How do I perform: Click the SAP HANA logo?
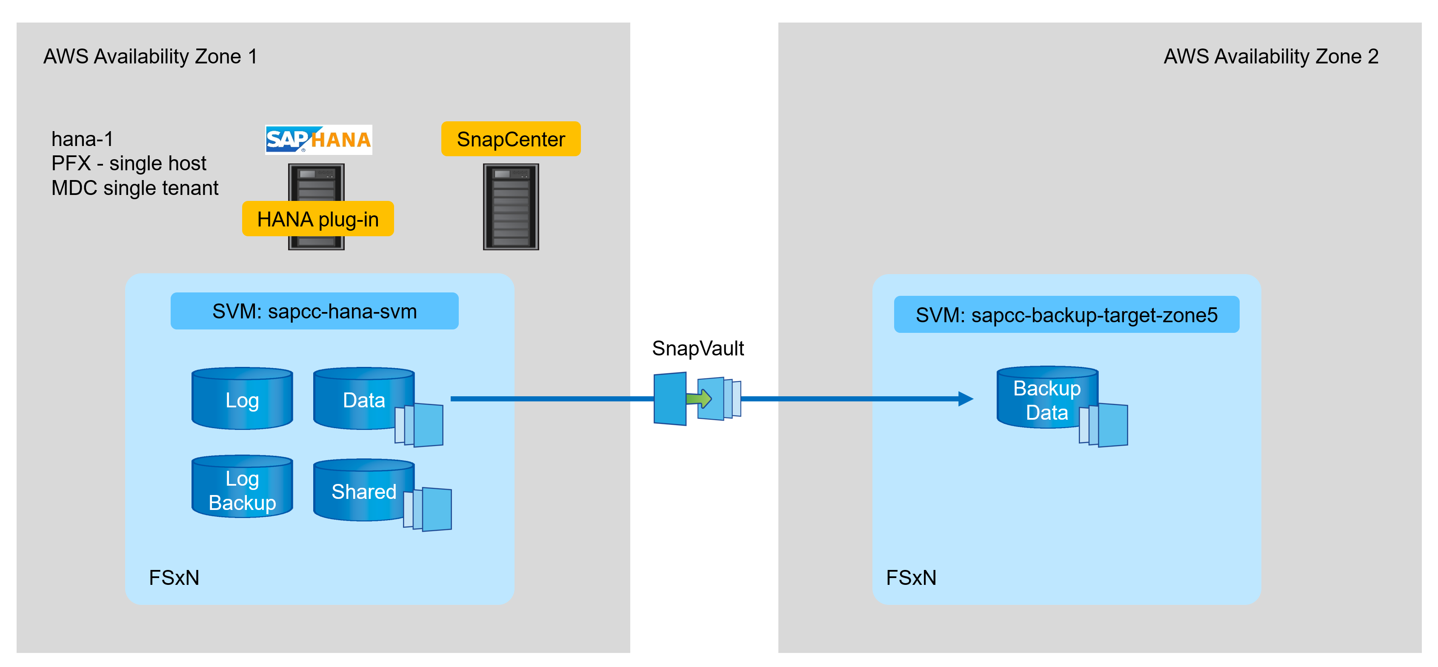pos(318,140)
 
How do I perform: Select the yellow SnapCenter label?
pos(510,139)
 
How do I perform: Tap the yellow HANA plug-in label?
pos(317,219)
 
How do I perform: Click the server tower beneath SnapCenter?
pos(510,206)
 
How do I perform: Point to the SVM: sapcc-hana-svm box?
pos(314,311)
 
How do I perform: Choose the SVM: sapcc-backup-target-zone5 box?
pos(1066,315)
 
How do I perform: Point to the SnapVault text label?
pos(698,348)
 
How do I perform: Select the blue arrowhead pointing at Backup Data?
pos(965,398)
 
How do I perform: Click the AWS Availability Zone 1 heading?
pos(150,56)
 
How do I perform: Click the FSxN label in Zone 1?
pos(174,578)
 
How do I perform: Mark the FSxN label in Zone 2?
pos(911,578)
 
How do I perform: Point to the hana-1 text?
pos(82,138)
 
